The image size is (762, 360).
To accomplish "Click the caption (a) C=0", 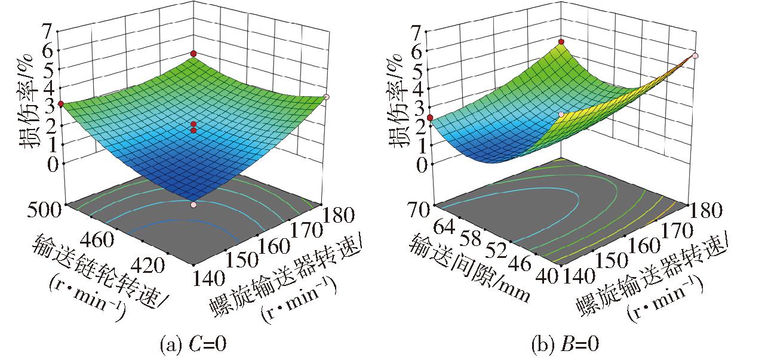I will point(193,344).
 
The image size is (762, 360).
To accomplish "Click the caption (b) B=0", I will point(564,344).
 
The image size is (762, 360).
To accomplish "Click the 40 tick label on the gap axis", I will point(549,275).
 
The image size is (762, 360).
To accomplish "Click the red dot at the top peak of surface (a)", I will point(193,54).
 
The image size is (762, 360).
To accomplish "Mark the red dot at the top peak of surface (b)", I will point(561,42).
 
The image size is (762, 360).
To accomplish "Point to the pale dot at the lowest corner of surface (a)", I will point(193,205).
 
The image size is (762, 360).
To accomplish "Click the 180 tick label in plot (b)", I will point(706,210).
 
